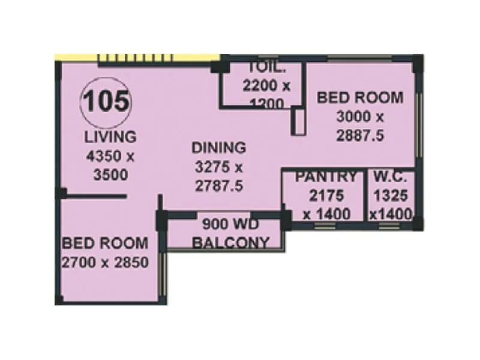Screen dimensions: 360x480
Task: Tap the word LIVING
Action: pos(110,136)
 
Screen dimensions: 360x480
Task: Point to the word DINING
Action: pos(218,147)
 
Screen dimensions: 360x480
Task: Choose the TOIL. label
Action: pos(264,67)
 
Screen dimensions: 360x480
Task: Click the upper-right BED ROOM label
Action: pos(360,97)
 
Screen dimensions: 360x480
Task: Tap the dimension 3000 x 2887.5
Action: pos(360,126)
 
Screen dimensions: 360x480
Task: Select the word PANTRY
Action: pos(325,176)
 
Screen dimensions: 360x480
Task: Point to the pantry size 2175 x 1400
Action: pos(325,204)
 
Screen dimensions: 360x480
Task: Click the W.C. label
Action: pos(391,176)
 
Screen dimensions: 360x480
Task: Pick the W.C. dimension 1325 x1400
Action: pos(391,204)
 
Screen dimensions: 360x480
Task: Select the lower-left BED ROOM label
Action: pos(105,243)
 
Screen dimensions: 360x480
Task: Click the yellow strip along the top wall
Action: pos(138,58)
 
